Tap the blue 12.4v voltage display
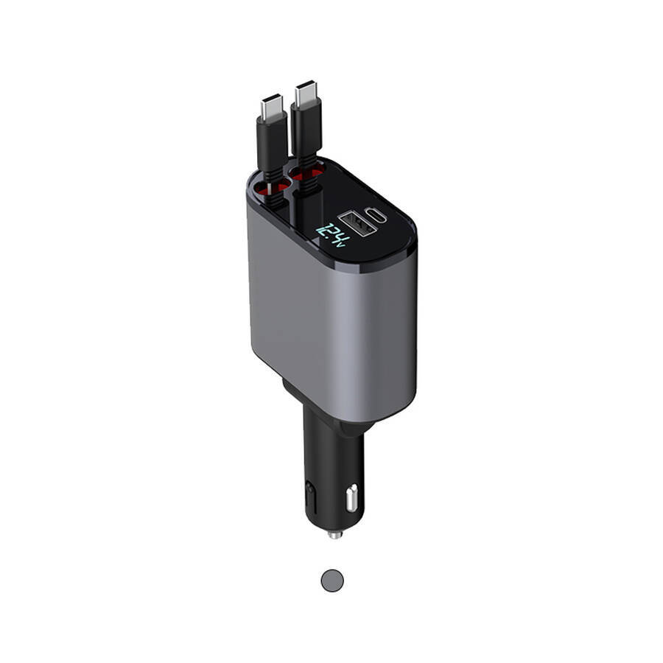pyautogui.click(x=334, y=236)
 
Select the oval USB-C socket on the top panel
pyautogui.click(x=376, y=215)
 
